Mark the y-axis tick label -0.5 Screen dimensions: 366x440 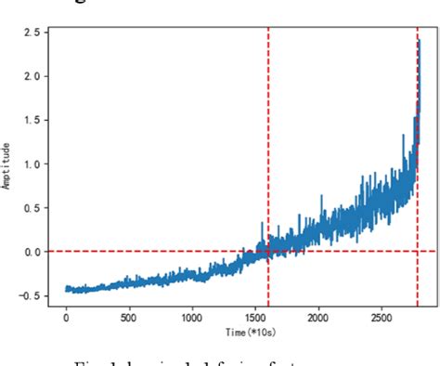[30, 295]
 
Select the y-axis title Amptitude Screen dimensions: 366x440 [8, 166]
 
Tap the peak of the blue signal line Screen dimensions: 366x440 [419, 41]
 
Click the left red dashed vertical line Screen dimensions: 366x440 [268, 139]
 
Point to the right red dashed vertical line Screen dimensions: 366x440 [418, 186]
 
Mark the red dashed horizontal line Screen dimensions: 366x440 [167, 251]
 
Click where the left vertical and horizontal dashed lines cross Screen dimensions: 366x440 [268, 251]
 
